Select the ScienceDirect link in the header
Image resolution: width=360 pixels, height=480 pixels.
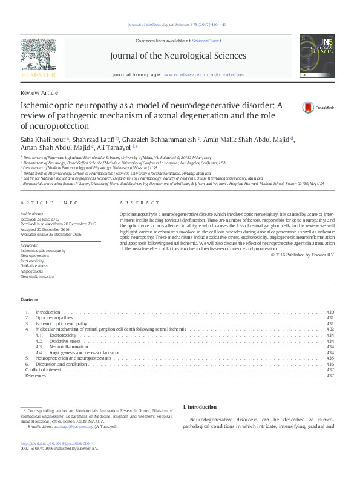coord(205,40)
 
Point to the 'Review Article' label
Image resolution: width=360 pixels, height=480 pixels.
coord(39,92)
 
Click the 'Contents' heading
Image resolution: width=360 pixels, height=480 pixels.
coord(29,300)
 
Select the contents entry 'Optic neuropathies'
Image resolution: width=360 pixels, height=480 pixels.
coord(54,317)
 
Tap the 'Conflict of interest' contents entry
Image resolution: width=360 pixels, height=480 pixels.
coord(44,369)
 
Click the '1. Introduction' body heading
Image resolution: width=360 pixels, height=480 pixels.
coord(199,407)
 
